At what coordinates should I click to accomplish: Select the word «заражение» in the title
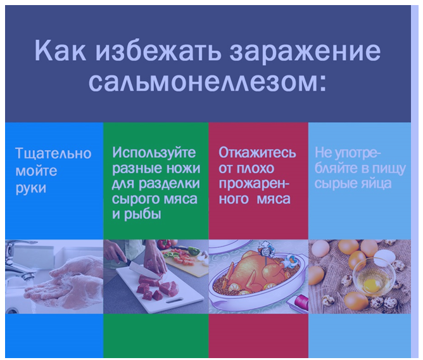pyautogui.click(x=305, y=51)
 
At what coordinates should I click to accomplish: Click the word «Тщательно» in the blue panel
pyautogui.click(x=53, y=153)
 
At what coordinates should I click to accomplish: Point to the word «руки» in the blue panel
pyautogui.click(x=31, y=188)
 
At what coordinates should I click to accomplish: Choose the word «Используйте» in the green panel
pyautogui.click(x=154, y=153)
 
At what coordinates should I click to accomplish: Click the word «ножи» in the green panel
pyautogui.click(x=183, y=168)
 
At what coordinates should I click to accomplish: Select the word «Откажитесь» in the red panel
pyautogui.click(x=257, y=153)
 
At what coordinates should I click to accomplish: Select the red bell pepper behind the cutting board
pyautogui.click(x=164, y=245)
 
